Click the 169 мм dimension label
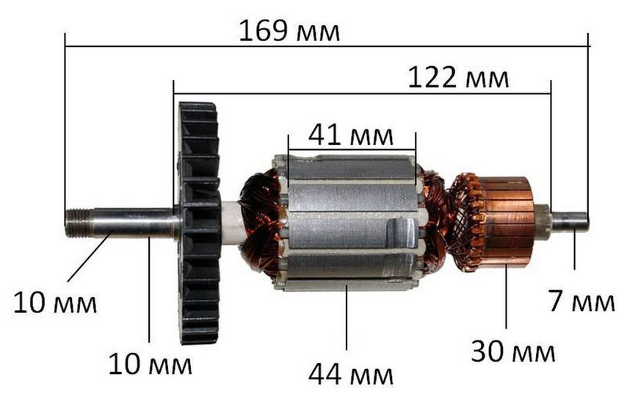click(x=289, y=31)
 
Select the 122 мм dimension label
click(x=458, y=77)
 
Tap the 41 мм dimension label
click(x=351, y=135)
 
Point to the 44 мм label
click(x=351, y=375)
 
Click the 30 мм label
click(x=513, y=351)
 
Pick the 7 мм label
click(x=581, y=301)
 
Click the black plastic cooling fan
click(x=200, y=223)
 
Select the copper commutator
click(x=507, y=221)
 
